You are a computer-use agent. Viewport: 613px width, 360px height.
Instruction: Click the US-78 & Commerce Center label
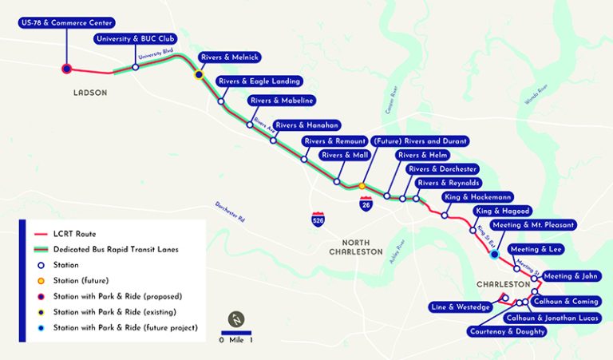pyautogui.click(x=65, y=22)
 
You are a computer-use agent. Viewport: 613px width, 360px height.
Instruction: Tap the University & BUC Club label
pyautogui.click(x=135, y=38)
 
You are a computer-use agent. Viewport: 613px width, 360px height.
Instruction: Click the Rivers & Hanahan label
pyautogui.click(x=307, y=125)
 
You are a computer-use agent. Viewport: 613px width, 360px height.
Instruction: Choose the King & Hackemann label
pyautogui.click(x=477, y=196)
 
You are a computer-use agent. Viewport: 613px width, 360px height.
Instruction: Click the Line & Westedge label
pyautogui.click(x=461, y=307)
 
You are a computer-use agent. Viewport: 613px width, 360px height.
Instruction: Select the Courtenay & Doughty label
pyautogui.click(x=507, y=330)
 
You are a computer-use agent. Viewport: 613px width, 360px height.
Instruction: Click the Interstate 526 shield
pyautogui.click(x=318, y=216)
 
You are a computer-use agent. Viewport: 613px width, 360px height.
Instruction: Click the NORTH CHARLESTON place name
pyautogui.click(x=356, y=247)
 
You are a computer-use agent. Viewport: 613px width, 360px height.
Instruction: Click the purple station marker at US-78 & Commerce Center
pyautogui.click(x=67, y=69)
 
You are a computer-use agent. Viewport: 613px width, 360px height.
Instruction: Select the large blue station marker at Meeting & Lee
pyautogui.click(x=495, y=255)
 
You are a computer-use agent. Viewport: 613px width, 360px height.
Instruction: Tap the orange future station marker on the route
pyautogui.click(x=362, y=186)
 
